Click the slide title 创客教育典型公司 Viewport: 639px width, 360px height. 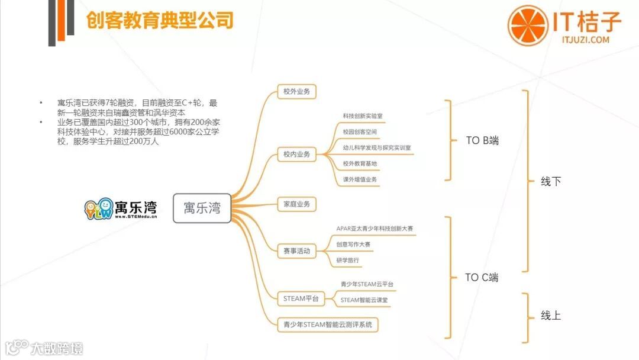click(160, 21)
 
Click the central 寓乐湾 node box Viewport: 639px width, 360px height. click(202, 208)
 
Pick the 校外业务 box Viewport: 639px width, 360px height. click(297, 92)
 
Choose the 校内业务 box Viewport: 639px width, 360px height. click(297, 155)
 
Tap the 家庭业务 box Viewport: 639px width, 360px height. click(297, 204)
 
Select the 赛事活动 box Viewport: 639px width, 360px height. click(297, 250)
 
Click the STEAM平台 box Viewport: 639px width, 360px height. click(301, 298)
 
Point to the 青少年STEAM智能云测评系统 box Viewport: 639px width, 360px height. click(328, 324)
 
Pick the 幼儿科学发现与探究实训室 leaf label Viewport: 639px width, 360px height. click(377, 147)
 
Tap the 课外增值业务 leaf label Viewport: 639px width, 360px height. click(360, 179)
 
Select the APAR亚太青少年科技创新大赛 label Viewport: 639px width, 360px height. click(375, 228)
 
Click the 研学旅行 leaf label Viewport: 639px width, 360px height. click(347, 260)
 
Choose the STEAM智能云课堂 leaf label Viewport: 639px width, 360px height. click(367, 300)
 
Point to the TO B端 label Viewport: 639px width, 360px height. click(482, 140)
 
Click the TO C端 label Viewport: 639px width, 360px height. click(482, 277)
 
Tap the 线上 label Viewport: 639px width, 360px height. click(551, 316)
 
